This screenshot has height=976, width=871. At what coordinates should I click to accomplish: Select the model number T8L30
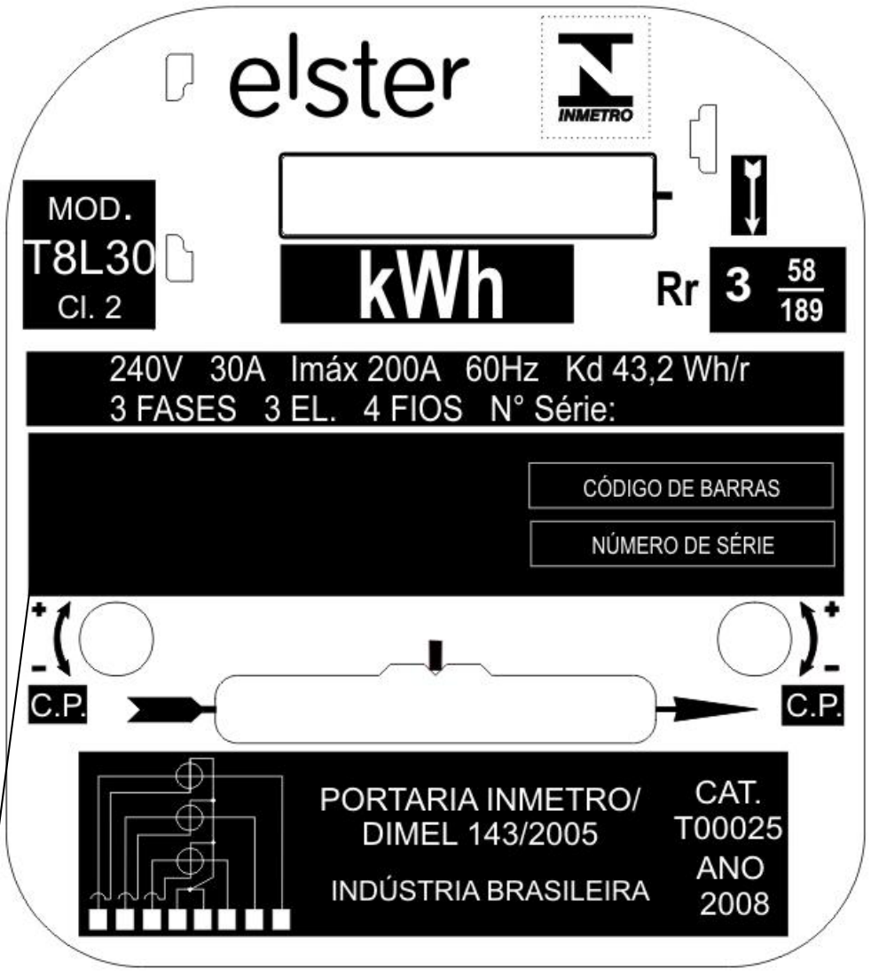click(90, 258)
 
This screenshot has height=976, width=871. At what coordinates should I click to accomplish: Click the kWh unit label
click(430, 285)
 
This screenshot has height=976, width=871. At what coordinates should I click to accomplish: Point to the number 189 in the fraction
click(802, 310)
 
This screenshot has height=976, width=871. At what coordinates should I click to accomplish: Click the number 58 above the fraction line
click(801, 271)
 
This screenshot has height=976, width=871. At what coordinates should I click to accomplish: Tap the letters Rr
click(679, 289)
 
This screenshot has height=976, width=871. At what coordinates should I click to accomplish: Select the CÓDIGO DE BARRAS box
click(681, 485)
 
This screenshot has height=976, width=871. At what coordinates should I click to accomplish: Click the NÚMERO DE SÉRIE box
click(682, 544)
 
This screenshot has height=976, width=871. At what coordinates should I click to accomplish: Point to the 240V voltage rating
click(145, 369)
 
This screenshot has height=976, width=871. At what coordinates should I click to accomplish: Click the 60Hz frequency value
click(501, 369)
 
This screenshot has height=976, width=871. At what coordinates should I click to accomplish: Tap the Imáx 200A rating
click(365, 369)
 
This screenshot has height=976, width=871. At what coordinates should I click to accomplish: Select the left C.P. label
click(58, 705)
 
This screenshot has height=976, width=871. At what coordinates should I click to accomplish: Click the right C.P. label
click(813, 705)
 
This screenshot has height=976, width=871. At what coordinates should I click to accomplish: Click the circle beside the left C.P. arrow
click(116, 639)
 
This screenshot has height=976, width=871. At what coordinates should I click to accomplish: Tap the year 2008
click(734, 904)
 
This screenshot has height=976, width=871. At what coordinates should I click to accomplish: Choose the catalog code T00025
click(728, 829)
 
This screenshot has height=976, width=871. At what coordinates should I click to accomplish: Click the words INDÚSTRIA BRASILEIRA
click(490, 891)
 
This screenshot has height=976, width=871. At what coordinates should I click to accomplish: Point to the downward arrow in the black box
click(751, 195)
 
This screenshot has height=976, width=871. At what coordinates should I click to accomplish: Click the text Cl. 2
click(90, 307)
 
